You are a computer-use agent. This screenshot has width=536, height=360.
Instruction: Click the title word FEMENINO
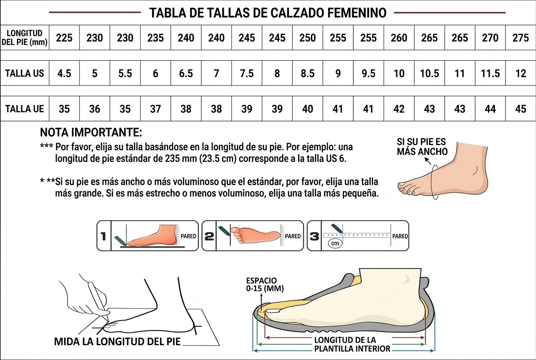click(356, 13)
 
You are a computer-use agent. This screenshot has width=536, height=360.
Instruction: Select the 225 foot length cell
click(64, 37)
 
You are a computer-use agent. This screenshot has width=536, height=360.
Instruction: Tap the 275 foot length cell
click(520, 37)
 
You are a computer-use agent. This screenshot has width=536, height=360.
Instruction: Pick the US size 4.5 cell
click(64, 73)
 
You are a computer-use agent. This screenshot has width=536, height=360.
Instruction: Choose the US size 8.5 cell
click(307, 73)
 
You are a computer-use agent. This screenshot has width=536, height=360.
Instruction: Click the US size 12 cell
click(520, 73)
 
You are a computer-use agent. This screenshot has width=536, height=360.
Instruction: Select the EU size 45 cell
click(520, 109)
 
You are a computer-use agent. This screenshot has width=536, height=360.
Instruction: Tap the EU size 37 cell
click(155, 109)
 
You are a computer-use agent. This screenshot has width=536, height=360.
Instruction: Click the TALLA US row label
click(25, 73)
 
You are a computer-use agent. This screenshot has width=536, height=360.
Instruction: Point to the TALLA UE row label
click(25, 109)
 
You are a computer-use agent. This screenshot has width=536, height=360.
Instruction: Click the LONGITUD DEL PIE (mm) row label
click(24, 37)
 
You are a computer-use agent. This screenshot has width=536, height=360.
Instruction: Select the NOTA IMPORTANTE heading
click(91, 132)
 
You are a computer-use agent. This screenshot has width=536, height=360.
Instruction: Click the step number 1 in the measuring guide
click(103, 236)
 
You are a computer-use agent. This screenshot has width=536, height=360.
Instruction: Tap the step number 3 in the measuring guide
click(314, 236)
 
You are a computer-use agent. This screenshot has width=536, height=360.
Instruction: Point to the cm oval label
click(335, 244)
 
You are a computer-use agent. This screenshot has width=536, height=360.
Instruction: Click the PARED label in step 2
click(293, 236)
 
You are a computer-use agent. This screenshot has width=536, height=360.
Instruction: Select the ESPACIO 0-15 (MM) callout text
click(265, 285)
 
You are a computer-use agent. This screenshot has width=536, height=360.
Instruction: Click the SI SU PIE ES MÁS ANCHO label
click(422, 146)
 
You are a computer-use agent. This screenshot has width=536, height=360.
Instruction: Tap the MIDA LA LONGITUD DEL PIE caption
click(117, 342)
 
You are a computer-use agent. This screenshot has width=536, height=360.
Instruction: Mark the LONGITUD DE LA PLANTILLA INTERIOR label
click(352, 344)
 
